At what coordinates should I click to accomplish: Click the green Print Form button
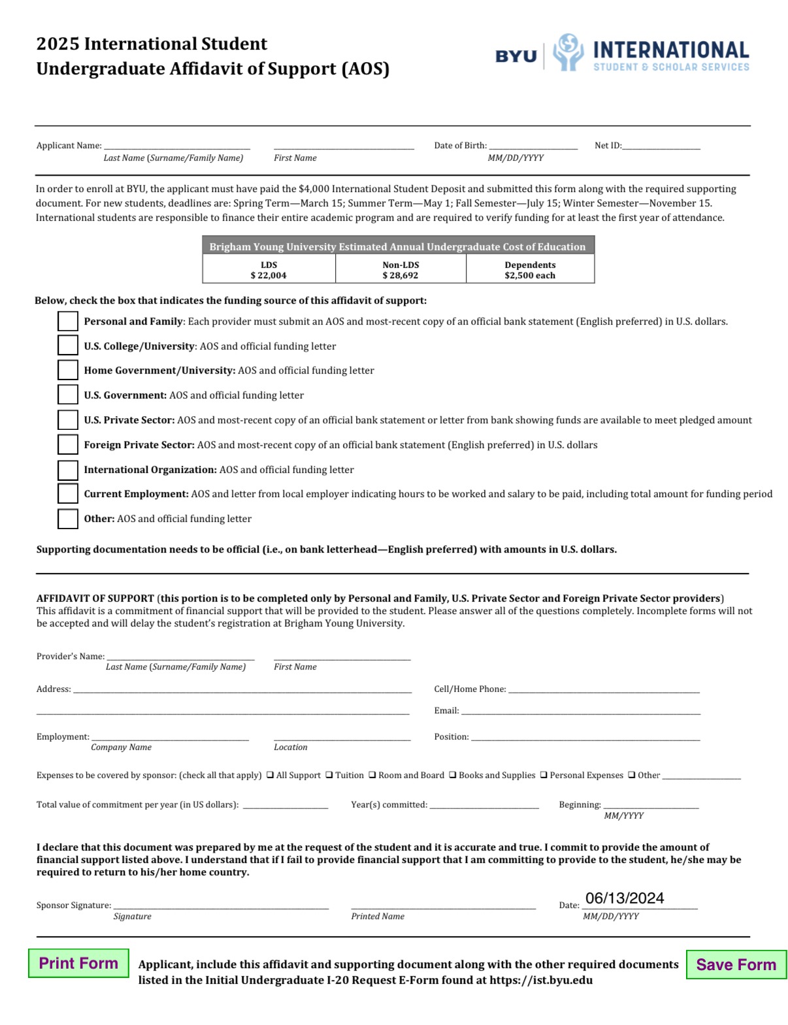click(78, 963)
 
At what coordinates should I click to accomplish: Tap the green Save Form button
click(736, 964)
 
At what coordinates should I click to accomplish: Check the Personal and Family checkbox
click(68, 321)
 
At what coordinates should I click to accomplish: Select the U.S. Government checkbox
click(68, 395)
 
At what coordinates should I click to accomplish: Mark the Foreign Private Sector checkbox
click(68, 445)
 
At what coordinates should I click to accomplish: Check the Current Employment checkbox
click(68, 494)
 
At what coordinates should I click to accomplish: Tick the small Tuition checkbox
click(329, 775)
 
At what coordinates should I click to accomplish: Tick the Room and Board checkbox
click(372, 775)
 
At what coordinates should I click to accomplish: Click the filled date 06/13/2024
click(624, 898)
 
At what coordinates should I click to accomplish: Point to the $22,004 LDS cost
click(269, 275)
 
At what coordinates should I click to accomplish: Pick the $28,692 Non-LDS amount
click(401, 275)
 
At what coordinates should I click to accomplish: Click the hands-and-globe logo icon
click(568, 52)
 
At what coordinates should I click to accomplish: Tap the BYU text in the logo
click(516, 56)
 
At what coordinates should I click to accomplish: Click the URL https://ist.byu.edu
click(541, 980)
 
